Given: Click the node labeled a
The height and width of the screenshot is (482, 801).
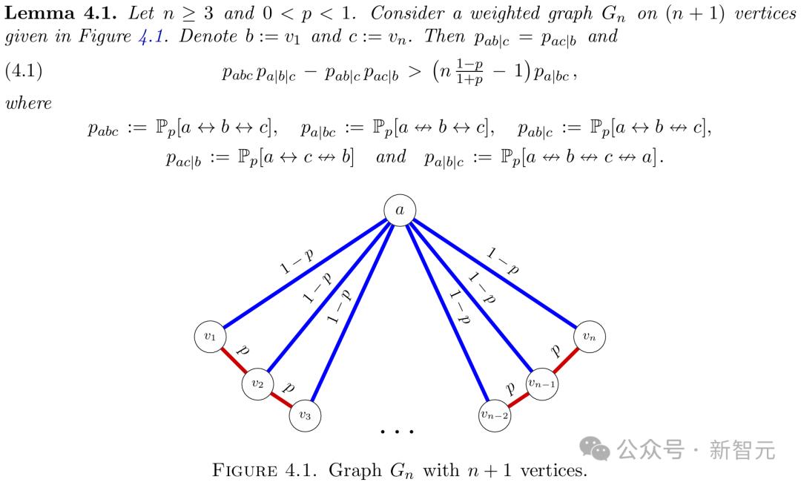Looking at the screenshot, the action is click(x=400, y=210).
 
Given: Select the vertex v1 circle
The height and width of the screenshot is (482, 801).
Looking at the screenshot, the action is click(x=211, y=337).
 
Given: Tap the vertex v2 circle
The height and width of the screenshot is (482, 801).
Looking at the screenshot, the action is click(x=257, y=384).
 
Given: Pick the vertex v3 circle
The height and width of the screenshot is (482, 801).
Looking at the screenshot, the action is click(x=305, y=415).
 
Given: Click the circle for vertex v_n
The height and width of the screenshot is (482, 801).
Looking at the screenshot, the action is click(x=590, y=337).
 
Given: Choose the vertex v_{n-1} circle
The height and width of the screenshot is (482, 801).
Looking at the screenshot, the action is click(x=542, y=384).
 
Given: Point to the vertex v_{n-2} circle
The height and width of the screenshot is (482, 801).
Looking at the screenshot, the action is click(x=495, y=415).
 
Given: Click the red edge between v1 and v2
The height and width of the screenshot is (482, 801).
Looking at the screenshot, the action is click(x=234, y=360).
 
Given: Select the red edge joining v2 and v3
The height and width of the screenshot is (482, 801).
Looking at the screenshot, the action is click(x=281, y=400).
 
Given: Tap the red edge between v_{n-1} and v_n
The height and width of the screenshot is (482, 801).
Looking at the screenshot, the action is click(x=565, y=360).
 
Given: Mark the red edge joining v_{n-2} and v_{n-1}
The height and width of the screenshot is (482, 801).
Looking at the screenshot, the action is click(x=518, y=400).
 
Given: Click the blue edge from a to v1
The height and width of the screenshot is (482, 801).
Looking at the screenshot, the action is click(x=305, y=273).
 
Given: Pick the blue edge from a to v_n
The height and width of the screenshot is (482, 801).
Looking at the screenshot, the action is click(x=495, y=273).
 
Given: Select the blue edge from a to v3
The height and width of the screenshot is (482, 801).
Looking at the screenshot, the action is click(x=352, y=312).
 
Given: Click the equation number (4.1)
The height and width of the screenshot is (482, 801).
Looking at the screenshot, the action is click(x=24, y=70).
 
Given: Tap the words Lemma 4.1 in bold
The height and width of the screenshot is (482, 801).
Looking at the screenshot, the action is click(x=60, y=13).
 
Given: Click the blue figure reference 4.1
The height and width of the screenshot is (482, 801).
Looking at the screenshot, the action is click(x=152, y=37).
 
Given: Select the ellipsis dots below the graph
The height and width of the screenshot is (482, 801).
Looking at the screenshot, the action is click(x=397, y=432).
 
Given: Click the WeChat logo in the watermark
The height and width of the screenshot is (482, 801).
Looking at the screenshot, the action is click(x=595, y=449).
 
